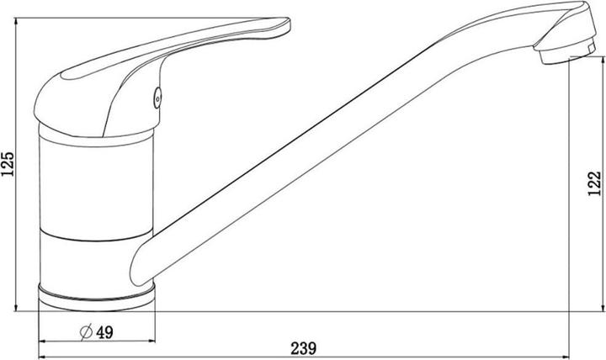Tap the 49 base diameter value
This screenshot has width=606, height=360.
[x=104, y=331]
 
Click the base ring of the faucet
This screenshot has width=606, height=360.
[x=97, y=295]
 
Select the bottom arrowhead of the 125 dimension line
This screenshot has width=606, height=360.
[x=18, y=307]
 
